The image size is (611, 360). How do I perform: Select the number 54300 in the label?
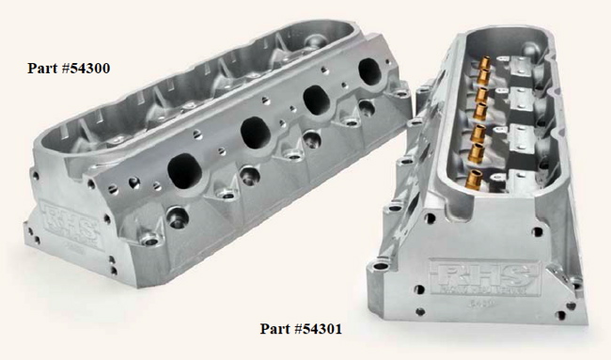click(x=93, y=68)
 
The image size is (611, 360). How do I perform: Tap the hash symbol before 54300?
click(x=69, y=68)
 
